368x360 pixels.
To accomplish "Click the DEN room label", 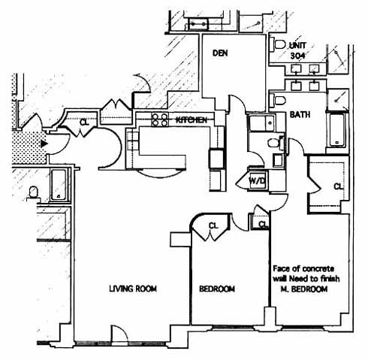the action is (220, 53).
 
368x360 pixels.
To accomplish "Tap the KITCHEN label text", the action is (192, 120).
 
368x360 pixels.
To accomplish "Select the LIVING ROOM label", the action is (133, 289).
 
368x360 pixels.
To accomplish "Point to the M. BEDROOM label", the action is (304, 289).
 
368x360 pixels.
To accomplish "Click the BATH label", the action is (300, 115).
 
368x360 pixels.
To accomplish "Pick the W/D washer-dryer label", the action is (257, 180).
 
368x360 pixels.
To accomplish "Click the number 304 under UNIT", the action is (297, 56).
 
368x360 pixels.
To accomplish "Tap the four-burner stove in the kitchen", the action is (159, 119).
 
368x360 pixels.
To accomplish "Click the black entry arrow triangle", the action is (44, 144).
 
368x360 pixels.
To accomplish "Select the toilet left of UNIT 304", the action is (278, 44).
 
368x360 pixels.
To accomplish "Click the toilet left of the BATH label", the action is (278, 101).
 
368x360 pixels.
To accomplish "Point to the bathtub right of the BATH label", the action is (337, 131).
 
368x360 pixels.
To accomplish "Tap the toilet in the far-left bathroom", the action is (33, 192).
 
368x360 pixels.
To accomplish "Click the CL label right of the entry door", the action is (84, 123).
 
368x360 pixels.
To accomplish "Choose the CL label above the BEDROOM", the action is (213, 226).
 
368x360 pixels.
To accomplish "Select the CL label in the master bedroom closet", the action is (338, 186).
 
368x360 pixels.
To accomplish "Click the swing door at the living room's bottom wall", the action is (119, 334).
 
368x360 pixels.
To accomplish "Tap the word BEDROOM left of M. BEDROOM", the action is (217, 289).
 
